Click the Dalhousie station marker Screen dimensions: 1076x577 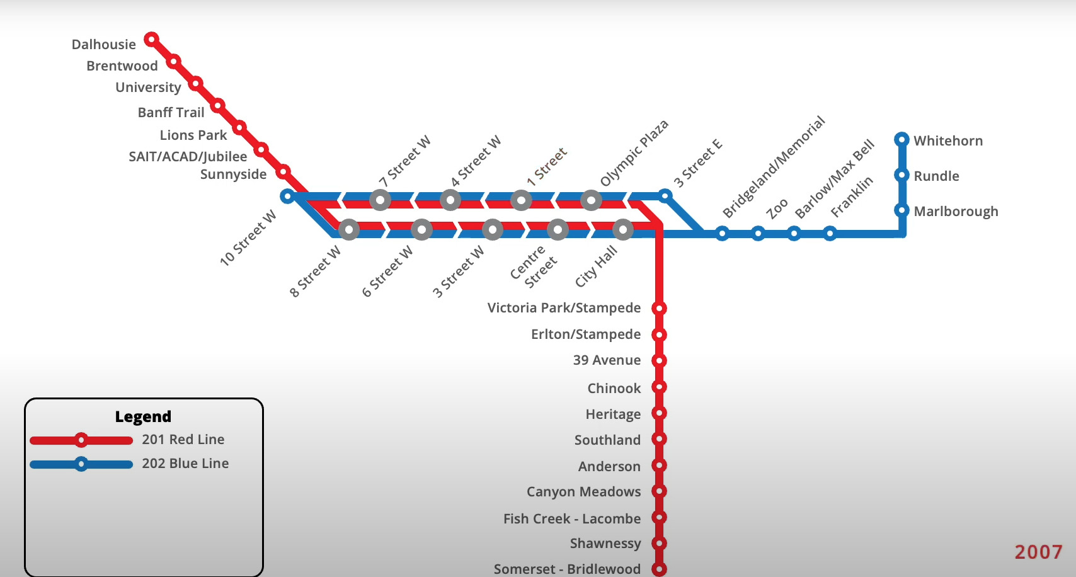pos(151,39)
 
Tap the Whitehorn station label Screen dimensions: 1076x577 pos(947,140)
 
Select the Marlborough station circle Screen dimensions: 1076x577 pos(901,210)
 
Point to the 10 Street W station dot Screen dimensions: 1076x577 pos(287,196)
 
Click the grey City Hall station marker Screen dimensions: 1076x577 pos(622,230)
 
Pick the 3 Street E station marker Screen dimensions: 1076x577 pos(665,195)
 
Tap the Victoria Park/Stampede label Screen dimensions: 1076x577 pos(564,308)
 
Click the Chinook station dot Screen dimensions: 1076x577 pos(659,387)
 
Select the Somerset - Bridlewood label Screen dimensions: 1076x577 pos(568,569)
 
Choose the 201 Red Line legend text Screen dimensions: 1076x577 pos(183,440)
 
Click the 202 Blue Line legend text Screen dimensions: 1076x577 pos(185,464)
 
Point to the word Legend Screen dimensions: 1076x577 pos(143,416)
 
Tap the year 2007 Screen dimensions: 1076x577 pos(1038,552)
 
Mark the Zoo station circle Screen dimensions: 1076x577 pos(758,234)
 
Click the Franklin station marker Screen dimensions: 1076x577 pos(830,234)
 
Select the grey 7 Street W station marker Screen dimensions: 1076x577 pos(380,200)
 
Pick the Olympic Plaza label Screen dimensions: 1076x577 pos(634,153)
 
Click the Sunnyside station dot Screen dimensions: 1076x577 pos(283,171)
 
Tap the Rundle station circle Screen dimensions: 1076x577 pos(901,175)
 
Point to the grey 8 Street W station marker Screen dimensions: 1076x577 pos(349,230)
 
